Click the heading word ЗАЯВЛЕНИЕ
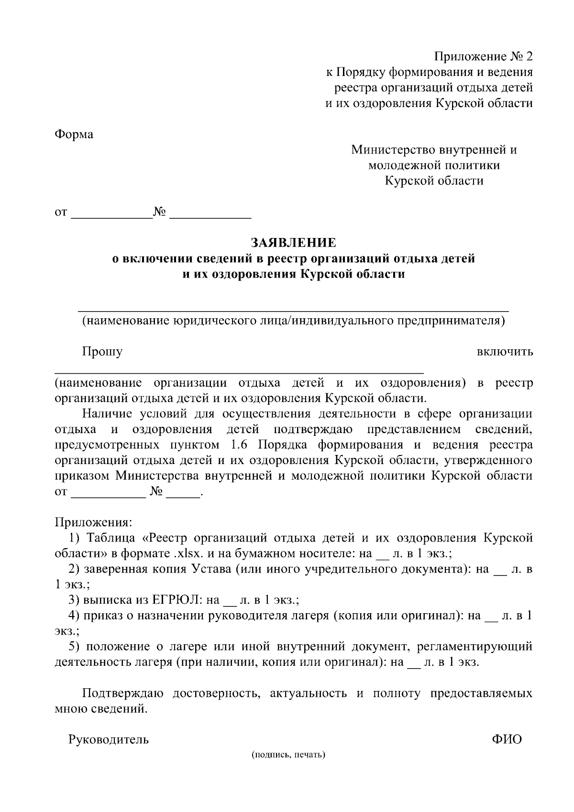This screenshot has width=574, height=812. click(x=294, y=243)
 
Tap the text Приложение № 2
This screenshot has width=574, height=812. click(x=483, y=57)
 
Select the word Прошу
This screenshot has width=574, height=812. click(x=102, y=352)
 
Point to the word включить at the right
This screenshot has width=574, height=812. click(x=505, y=352)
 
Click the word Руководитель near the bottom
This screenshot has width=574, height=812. click(x=109, y=740)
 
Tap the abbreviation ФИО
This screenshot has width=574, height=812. click(x=507, y=739)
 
